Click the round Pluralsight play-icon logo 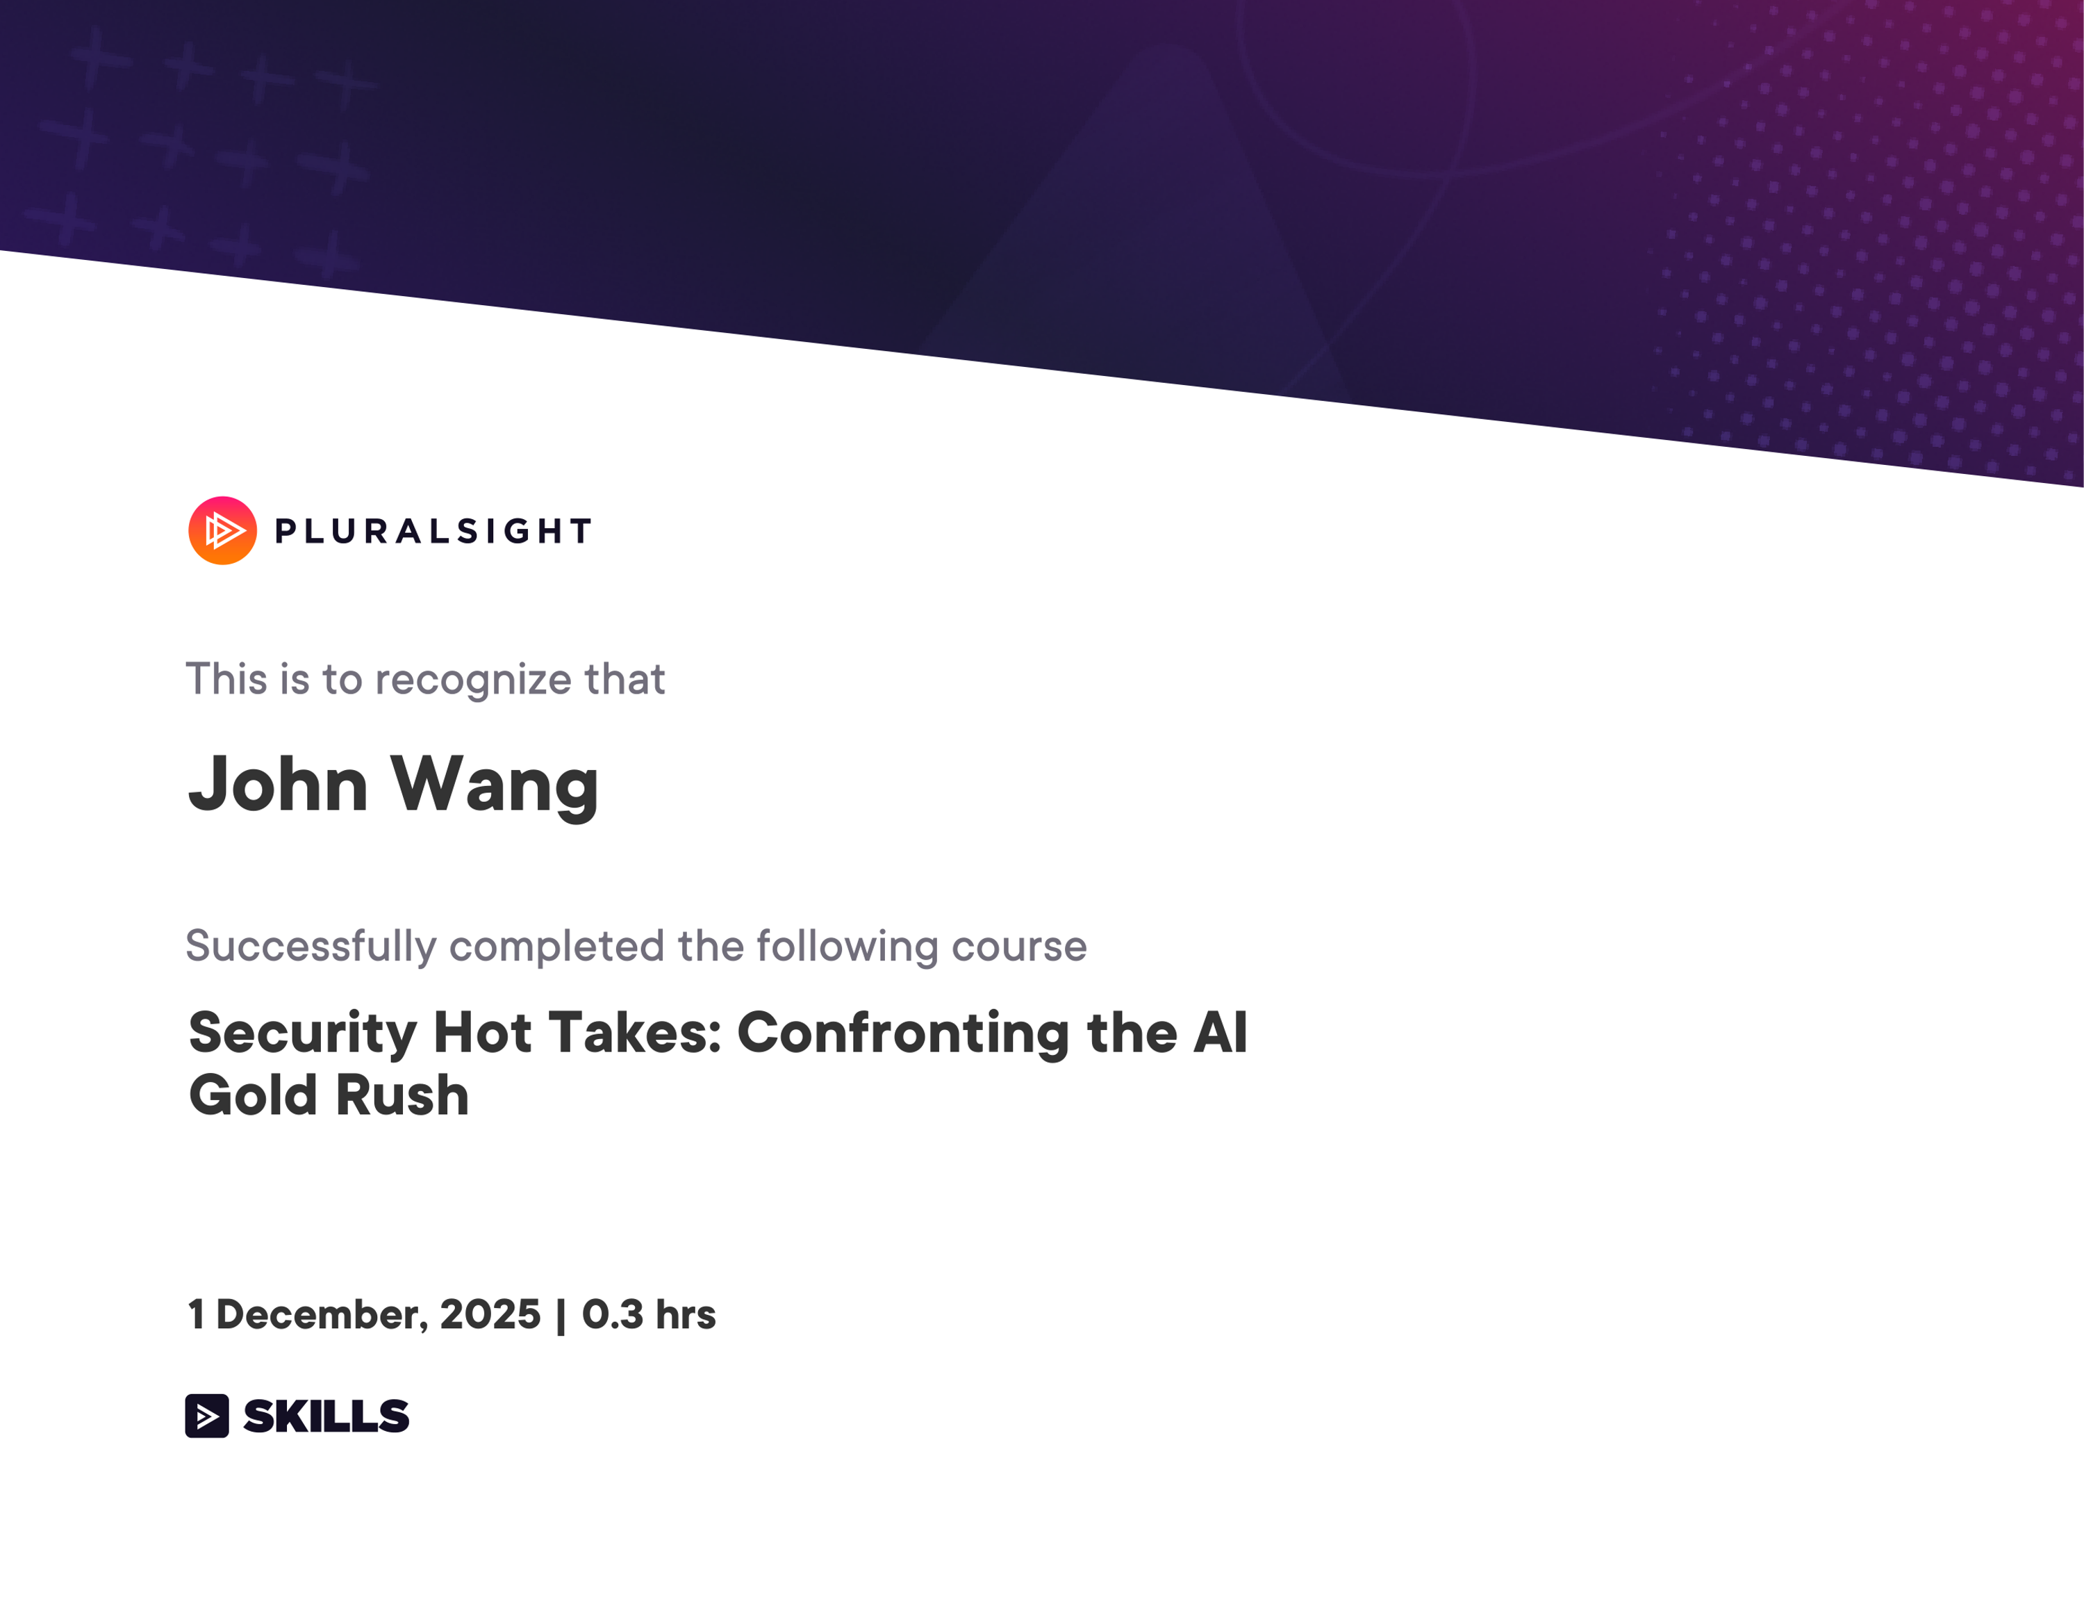(x=222, y=531)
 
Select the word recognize (x=472, y=680)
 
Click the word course (x=1018, y=947)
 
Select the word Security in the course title (x=302, y=1033)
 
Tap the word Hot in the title (x=482, y=1033)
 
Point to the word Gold (x=253, y=1095)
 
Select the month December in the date (x=322, y=1315)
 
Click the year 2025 (x=490, y=1315)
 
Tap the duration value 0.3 (x=611, y=1315)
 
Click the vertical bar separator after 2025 (x=561, y=1315)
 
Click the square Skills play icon (x=207, y=1415)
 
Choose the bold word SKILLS (x=326, y=1415)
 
